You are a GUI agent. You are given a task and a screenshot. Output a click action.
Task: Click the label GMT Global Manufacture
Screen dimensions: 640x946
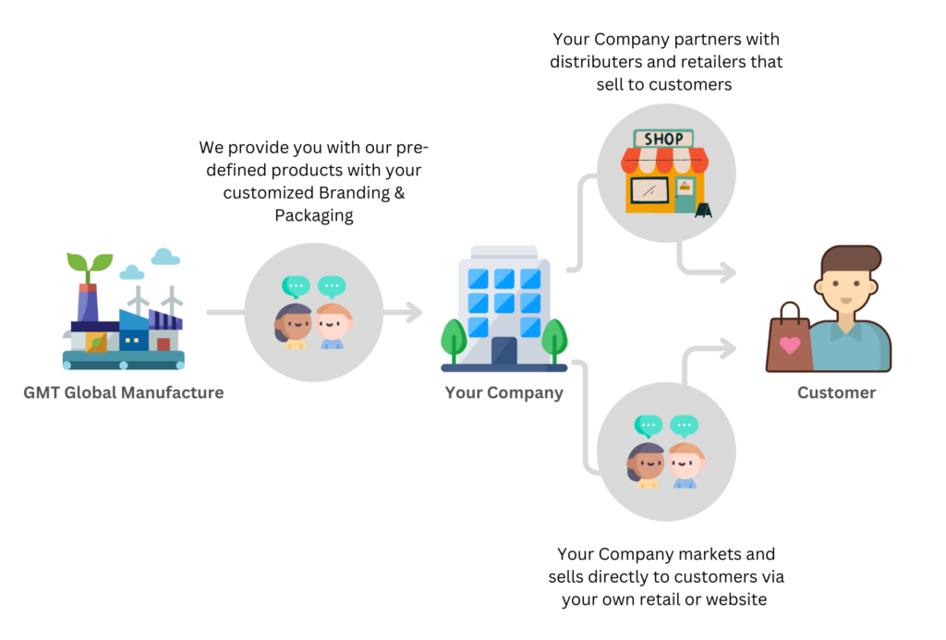pyautogui.click(x=124, y=392)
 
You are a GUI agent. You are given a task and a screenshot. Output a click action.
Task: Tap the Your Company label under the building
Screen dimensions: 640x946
pyautogui.click(x=503, y=392)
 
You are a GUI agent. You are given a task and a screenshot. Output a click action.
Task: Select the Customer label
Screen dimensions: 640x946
pyautogui.click(x=836, y=392)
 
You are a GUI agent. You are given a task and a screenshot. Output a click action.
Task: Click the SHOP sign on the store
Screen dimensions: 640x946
pyautogui.click(x=663, y=139)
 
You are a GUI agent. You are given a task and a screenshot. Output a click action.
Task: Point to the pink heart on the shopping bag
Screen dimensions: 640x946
pyautogui.click(x=790, y=345)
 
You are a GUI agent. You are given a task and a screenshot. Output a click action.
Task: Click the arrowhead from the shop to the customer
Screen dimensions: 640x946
pyautogui.click(x=726, y=272)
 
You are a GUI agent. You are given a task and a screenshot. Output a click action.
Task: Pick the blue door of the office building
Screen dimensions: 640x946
pyautogui.click(x=503, y=352)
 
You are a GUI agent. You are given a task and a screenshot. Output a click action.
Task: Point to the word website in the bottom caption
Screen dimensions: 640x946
pyautogui.click(x=735, y=599)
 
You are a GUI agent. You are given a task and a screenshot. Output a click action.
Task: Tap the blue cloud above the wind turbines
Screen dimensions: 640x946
pyautogui.click(x=165, y=256)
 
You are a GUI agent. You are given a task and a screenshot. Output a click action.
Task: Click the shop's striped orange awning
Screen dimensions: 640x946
pyautogui.click(x=664, y=161)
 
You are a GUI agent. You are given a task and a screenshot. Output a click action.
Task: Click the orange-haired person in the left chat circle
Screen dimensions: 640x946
pyautogui.click(x=333, y=324)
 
